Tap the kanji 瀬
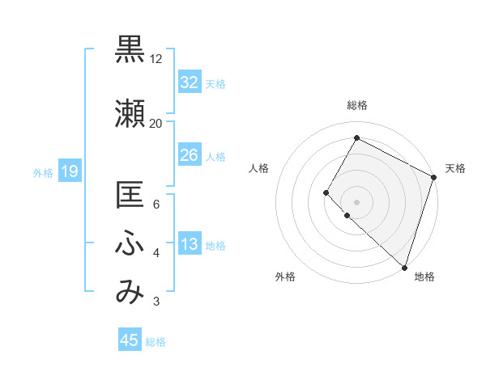(130, 113)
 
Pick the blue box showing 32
(189, 82)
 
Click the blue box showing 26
(189, 155)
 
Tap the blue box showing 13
(189, 245)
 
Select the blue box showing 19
(69, 171)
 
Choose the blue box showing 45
(130, 340)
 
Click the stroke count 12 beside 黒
(156, 59)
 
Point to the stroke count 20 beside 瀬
(156, 124)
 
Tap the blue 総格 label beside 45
(156, 342)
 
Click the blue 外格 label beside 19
(43, 172)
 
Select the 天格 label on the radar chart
(455, 168)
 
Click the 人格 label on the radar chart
(259, 168)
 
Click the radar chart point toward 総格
(356, 138)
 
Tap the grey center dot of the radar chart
(356, 201)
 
